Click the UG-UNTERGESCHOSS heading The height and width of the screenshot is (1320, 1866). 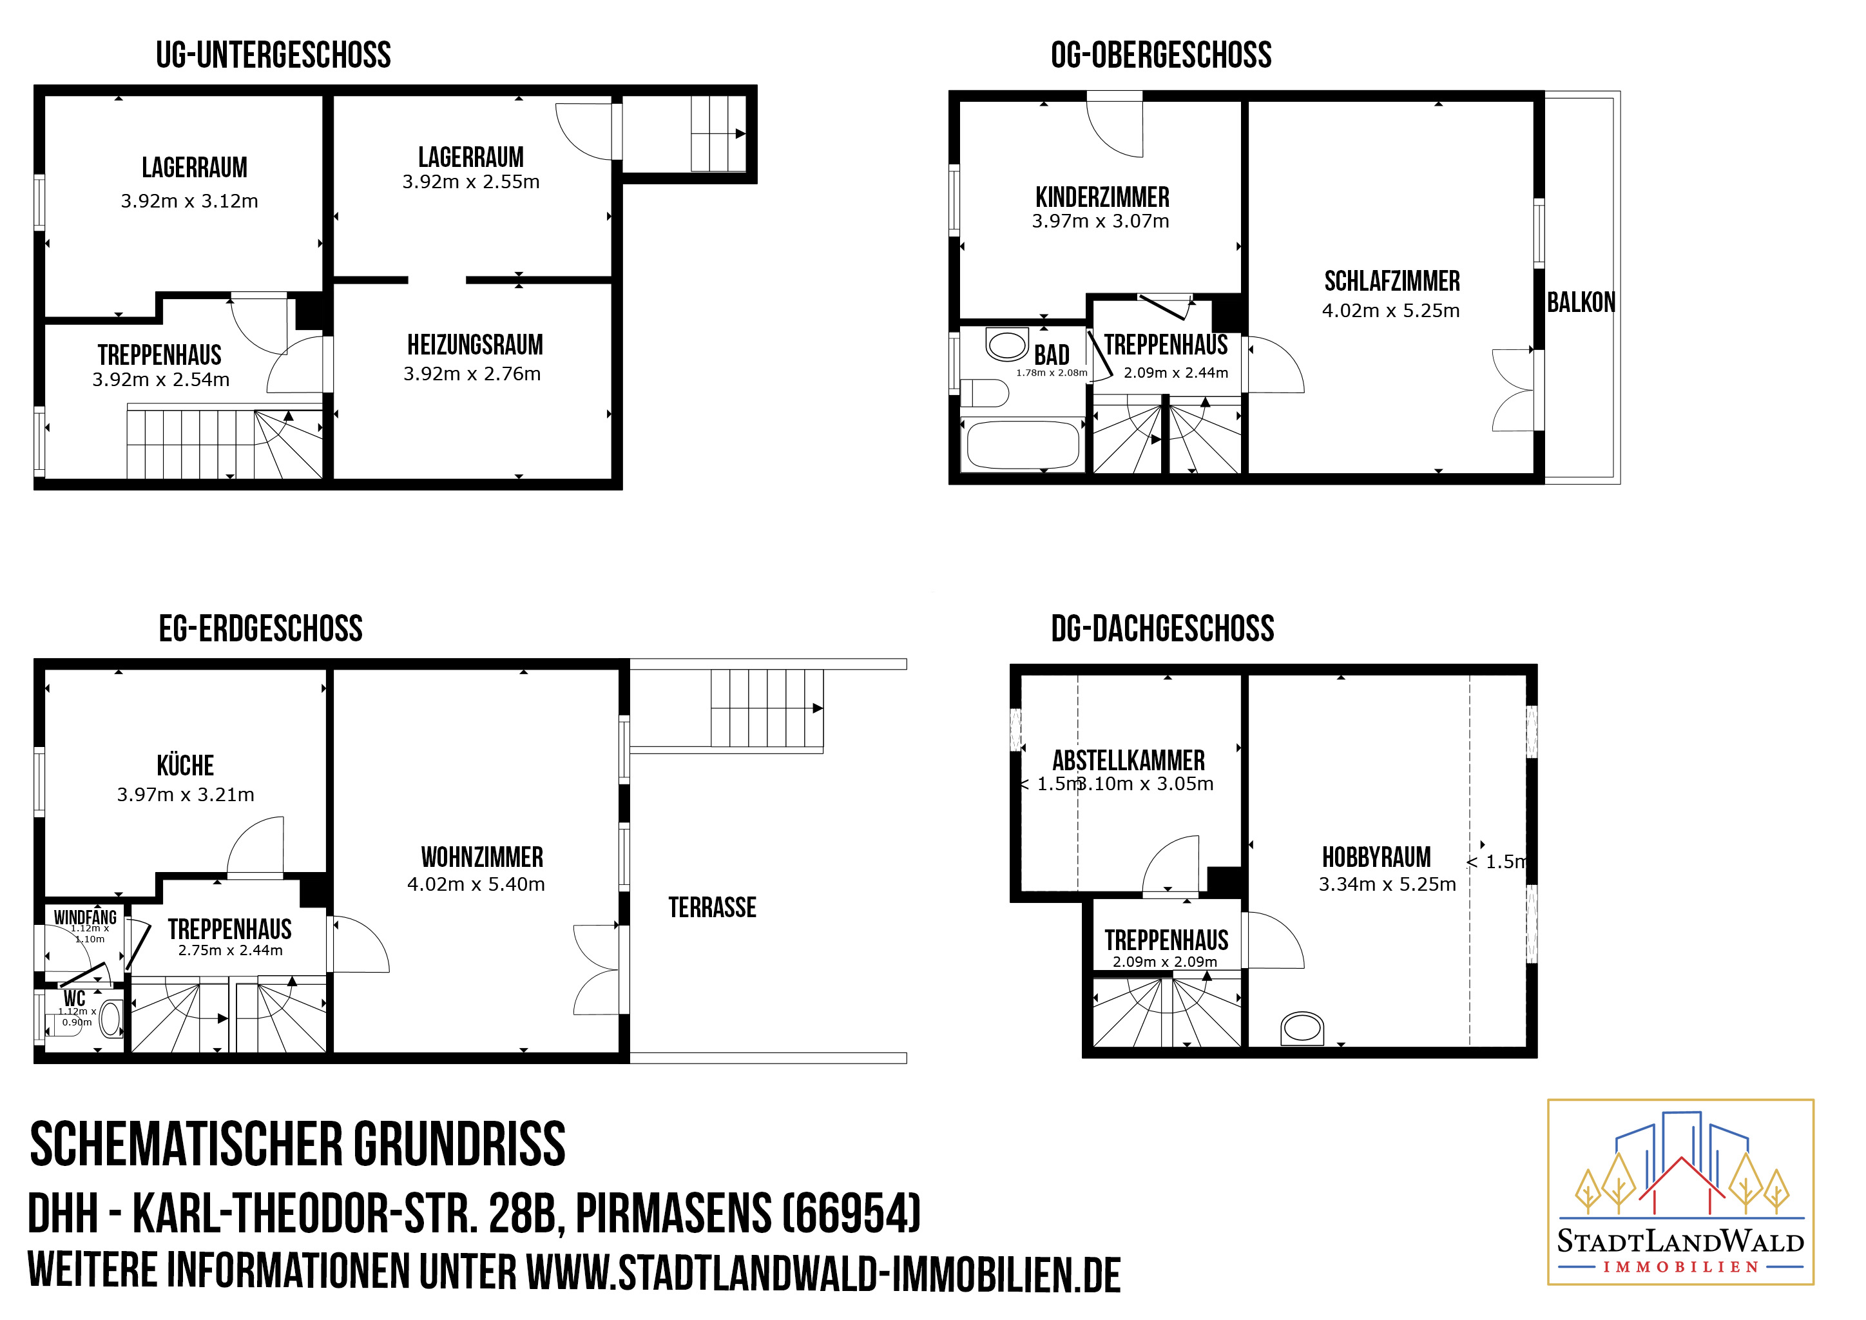tap(273, 55)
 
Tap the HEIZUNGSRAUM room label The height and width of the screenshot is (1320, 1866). tap(476, 345)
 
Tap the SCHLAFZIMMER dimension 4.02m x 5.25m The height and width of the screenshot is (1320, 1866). tap(1390, 311)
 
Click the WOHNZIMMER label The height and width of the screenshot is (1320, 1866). tap(482, 857)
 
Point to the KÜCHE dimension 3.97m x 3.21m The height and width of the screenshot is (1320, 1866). tap(186, 794)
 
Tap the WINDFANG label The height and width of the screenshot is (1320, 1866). tap(85, 917)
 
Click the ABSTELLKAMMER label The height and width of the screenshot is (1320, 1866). tap(1128, 760)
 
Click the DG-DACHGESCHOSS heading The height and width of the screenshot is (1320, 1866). tap(1162, 628)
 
